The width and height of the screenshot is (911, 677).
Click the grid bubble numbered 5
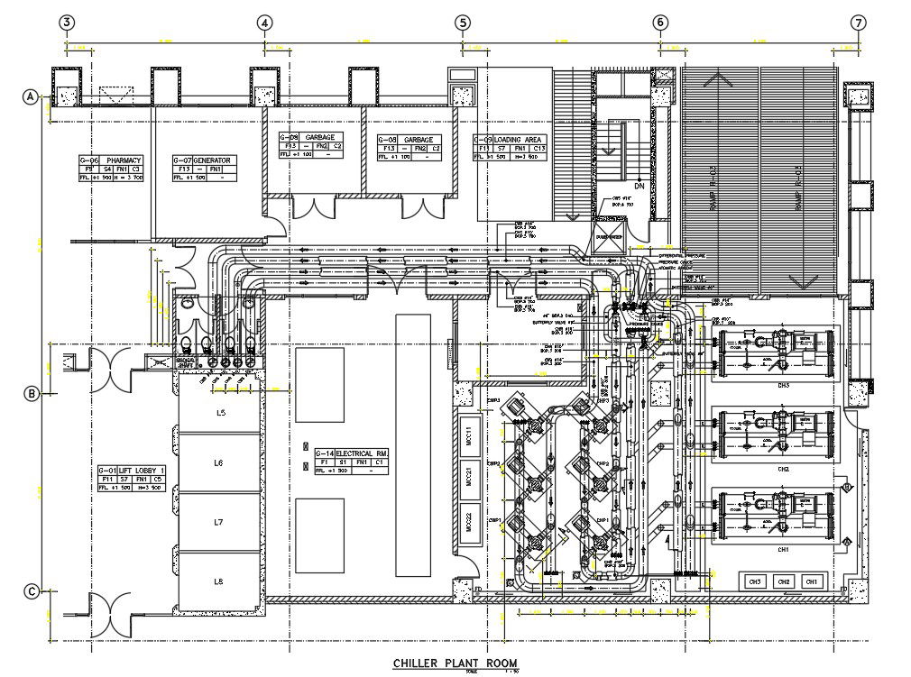point(462,23)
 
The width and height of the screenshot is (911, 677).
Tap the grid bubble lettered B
point(32,393)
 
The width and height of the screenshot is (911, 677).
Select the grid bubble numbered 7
point(858,23)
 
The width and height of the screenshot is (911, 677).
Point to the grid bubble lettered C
point(32,591)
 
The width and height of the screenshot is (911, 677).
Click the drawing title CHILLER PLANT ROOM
point(455,663)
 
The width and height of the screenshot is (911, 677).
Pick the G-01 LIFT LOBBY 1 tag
point(130,479)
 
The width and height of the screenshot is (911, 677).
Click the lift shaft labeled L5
point(218,412)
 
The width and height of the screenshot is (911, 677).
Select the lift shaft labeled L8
point(218,581)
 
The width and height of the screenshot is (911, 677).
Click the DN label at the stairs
point(639,187)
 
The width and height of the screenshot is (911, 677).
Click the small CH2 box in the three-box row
point(785,581)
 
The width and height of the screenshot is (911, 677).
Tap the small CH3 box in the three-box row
point(756,581)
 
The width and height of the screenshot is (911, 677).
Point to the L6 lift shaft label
point(218,462)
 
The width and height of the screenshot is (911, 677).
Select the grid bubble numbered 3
point(66,23)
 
